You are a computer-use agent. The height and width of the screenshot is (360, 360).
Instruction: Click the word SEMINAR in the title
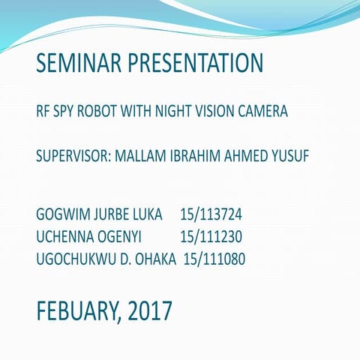point(71,63)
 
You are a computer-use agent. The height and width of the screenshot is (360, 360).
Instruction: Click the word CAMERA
point(262,112)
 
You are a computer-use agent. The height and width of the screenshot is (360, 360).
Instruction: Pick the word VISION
point(219,112)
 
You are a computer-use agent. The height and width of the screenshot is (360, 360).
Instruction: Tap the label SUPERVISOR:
point(73,159)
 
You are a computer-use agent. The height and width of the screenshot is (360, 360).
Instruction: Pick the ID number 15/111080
point(215,259)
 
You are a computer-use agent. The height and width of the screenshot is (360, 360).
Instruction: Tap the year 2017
point(150,309)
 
